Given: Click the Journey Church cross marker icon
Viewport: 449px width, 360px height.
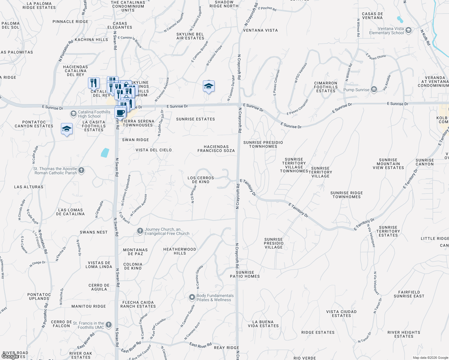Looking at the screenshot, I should [140, 231].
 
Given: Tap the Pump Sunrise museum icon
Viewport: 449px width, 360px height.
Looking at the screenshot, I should [374, 89].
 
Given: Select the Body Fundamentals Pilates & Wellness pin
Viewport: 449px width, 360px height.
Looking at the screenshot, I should [192, 297].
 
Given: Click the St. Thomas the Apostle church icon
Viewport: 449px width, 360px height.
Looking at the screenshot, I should [81, 170].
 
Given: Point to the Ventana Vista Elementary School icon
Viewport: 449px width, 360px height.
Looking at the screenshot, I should [408, 30].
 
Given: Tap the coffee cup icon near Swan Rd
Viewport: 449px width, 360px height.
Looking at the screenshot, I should [120, 113].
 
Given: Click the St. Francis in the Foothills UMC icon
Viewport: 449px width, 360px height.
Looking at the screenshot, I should [109, 325].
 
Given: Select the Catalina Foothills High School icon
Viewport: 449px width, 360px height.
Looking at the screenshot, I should [73, 114].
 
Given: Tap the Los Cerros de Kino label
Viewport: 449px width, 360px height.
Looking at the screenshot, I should [201, 180].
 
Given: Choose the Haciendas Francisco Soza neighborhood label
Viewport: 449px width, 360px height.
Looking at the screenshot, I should [216, 148].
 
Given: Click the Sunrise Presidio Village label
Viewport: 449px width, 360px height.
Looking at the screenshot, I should [274, 243].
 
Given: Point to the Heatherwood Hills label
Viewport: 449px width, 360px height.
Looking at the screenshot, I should [179, 251].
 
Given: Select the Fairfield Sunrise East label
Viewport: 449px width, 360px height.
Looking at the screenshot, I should [409, 294].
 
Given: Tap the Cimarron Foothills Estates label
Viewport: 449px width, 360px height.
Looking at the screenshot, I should [326, 87].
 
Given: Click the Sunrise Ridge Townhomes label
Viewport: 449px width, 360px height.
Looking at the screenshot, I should [347, 195].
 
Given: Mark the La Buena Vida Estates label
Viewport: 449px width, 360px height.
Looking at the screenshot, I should [263, 324].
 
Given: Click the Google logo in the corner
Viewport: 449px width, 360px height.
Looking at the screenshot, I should [10, 356].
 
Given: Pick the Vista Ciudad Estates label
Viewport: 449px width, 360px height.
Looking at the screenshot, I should [341, 313].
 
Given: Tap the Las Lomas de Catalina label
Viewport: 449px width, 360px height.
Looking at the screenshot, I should [71, 212].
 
